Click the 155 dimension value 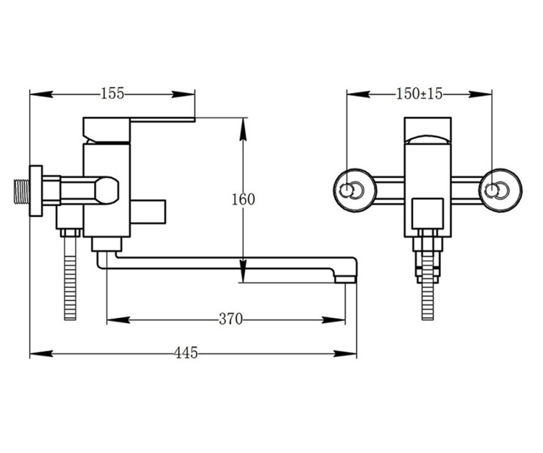112,94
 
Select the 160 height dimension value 243,200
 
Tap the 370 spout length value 231,319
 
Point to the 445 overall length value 186,353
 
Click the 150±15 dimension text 419,94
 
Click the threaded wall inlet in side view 22,191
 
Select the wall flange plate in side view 36,191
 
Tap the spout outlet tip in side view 345,280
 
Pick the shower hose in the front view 428,299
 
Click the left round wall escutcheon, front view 355,190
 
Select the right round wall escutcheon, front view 500,190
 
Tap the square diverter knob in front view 428,213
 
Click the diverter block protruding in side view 148,212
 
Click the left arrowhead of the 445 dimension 42,353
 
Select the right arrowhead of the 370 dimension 333,320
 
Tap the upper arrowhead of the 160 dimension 243,130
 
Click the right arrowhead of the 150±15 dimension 480,94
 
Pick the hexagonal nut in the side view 107,190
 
